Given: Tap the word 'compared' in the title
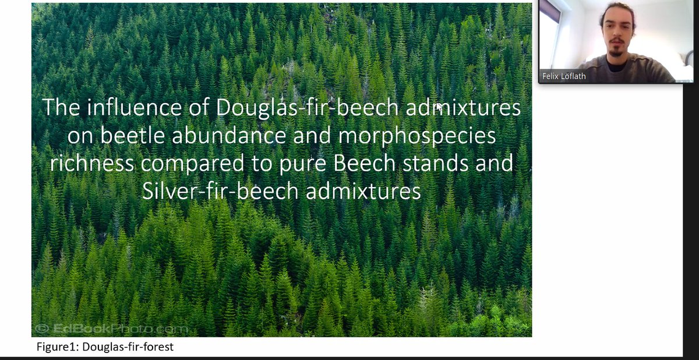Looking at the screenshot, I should coord(190,163).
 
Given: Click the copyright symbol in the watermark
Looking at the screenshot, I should coord(42,329).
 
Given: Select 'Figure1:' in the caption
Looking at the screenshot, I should coord(57,348).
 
